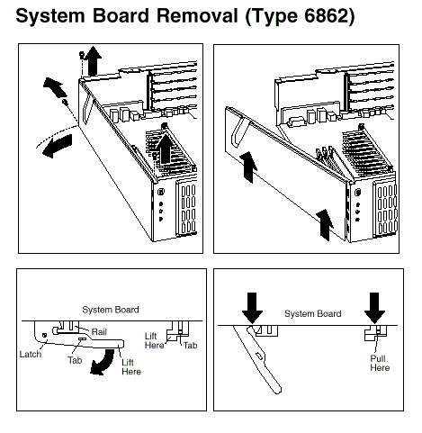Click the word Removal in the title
(197, 15)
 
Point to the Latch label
(31, 354)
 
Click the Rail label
(99, 332)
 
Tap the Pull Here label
(380, 363)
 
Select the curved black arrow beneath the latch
(103, 362)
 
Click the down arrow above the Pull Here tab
(374, 308)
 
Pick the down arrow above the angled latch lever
(253, 308)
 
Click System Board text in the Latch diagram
(111, 310)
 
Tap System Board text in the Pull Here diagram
(313, 313)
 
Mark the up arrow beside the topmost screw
(93, 61)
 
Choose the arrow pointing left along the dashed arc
(57, 146)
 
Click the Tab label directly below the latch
(75, 360)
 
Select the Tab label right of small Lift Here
(191, 346)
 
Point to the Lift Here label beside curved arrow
(131, 366)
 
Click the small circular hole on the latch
(45, 335)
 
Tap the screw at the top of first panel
(81, 54)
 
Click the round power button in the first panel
(161, 191)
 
